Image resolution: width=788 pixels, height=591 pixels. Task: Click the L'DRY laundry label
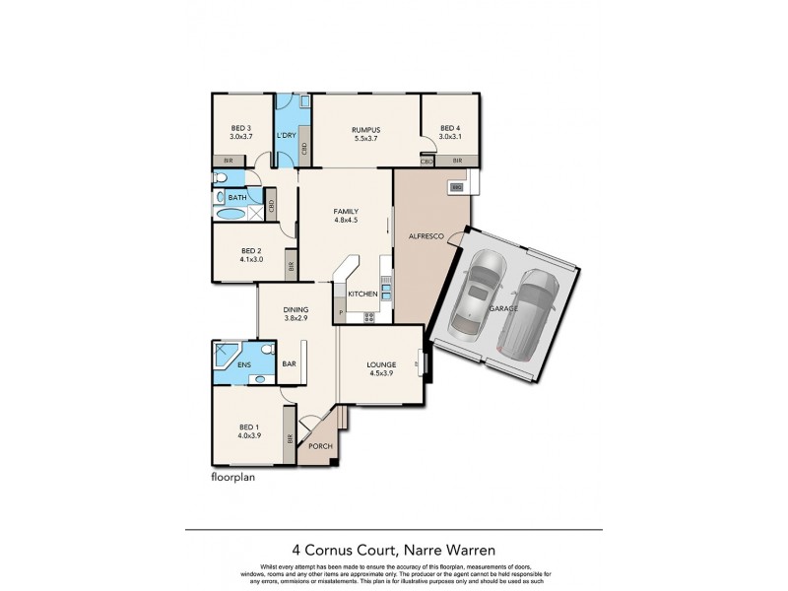(x=287, y=135)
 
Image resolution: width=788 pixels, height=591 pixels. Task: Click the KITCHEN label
(x=361, y=295)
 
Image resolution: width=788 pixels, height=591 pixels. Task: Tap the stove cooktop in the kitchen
(x=369, y=316)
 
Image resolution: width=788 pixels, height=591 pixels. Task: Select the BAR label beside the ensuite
(x=290, y=363)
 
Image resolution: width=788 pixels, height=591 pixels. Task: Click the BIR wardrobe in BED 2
(x=291, y=265)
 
